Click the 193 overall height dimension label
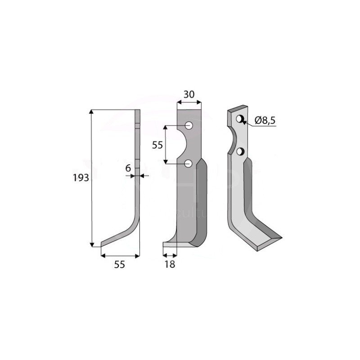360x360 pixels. (x=81, y=178)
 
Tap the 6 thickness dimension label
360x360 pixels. (x=128, y=167)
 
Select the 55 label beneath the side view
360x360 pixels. (x=119, y=265)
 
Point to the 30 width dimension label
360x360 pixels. (x=189, y=95)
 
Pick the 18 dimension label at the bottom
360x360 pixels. (x=170, y=265)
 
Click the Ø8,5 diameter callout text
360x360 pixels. (x=265, y=120)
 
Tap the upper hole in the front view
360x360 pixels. (x=189, y=125)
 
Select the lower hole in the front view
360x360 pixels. (x=189, y=163)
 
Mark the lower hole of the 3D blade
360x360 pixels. (x=241, y=151)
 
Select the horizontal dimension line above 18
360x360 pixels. (x=170, y=255)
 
